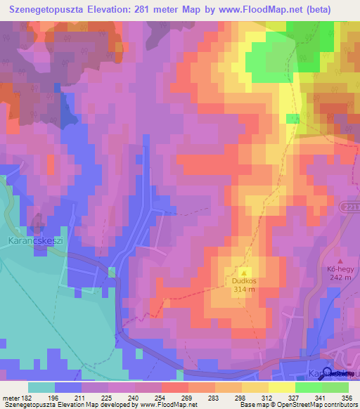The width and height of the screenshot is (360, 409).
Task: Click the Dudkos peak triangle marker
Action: (244, 273)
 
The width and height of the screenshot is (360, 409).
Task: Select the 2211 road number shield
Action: (353, 205)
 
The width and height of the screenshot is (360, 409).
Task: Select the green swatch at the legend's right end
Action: (335, 387)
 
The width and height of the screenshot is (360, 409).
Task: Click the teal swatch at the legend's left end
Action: (41, 387)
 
